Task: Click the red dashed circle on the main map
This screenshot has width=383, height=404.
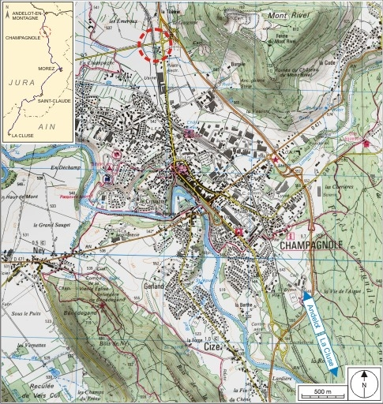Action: [158, 46]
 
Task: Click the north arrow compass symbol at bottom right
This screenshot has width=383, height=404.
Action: [364, 384]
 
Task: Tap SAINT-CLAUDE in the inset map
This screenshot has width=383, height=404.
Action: [54, 100]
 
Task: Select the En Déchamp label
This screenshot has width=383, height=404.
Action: [66, 168]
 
